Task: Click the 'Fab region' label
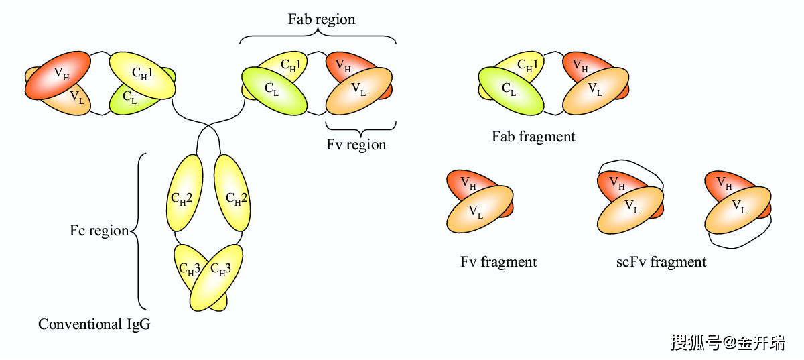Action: [322, 19]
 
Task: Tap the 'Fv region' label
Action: [356, 144]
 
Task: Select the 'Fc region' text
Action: [99, 231]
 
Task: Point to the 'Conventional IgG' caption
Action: [94, 324]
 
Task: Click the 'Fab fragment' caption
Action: [533, 137]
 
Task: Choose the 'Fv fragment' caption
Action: [498, 262]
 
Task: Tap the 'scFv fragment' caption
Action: [661, 262]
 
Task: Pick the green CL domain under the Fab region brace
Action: [273, 90]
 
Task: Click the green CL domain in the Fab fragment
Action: [511, 90]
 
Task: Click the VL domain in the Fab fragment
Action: [596, 90]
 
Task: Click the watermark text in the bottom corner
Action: [726, 343]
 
